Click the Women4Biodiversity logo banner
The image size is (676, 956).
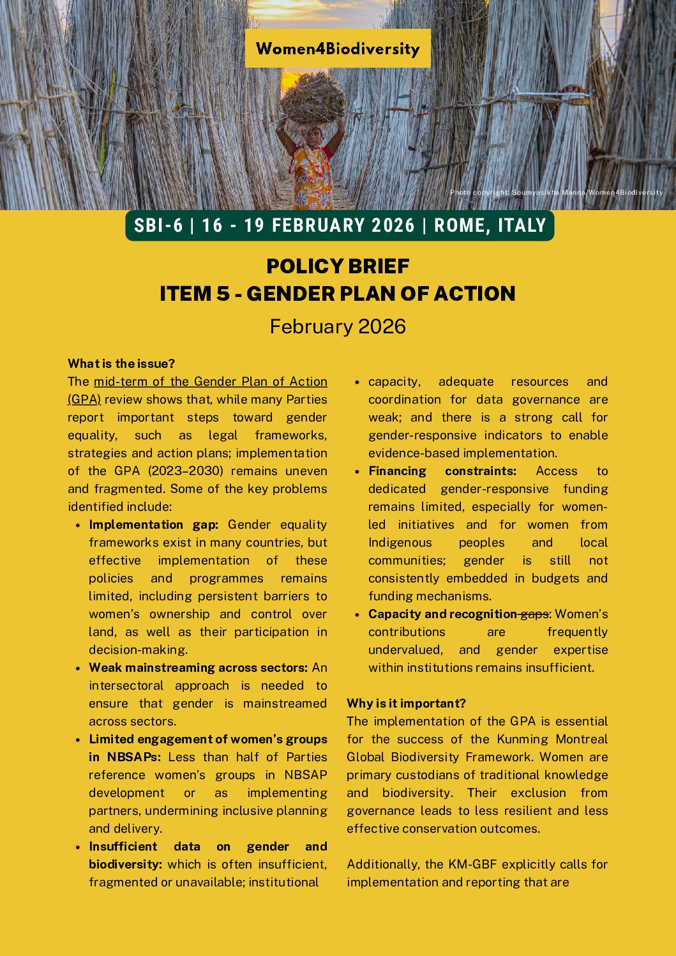coord(338,49)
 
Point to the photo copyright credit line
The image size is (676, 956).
coord(556,192)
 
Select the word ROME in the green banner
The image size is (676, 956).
coord(458,225)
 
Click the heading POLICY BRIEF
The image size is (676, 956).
coord(338,266)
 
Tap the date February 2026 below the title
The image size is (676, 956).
coord(338,326)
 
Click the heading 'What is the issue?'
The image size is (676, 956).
coord(121,363)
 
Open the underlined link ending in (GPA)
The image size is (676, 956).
coord(84,399)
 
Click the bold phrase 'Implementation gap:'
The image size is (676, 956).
coord(153,524)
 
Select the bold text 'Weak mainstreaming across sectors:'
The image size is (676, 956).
coord(198,667)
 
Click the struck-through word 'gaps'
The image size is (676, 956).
coord(534,614)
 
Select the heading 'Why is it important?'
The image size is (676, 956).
coord(406,703)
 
